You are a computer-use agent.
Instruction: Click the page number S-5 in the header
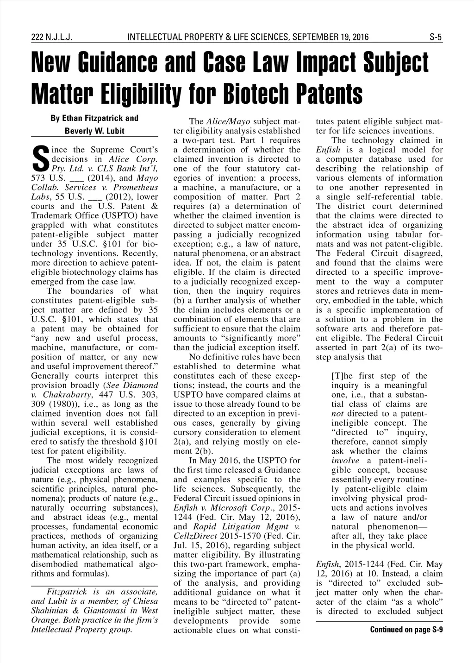(x=436, y=37)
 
